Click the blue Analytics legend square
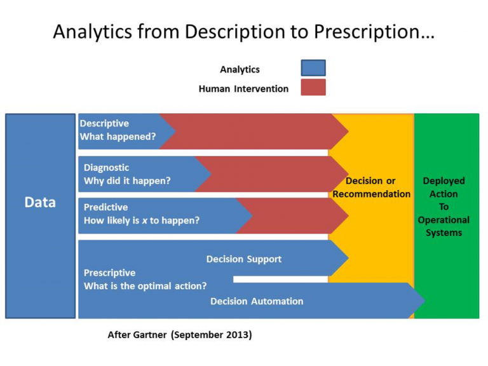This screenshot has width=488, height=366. (313, 69)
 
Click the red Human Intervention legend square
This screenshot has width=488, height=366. (313, 88)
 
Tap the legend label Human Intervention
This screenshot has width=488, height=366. (243, 89)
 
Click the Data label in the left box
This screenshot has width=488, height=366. (40, 202)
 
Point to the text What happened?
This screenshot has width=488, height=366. (118, 137)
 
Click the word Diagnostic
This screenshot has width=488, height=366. (106, 168)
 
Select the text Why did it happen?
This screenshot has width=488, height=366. (127, 180)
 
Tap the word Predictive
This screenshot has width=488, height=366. (105, 207)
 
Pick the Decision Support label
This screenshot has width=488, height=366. (244, 259)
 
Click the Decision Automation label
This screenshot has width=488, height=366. (257, 301)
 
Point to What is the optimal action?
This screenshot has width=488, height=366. (145, 286)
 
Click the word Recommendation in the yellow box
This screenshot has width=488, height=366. (372, 194)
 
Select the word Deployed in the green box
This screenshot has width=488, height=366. (444, 181)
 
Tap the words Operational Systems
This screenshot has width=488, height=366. (444, 226)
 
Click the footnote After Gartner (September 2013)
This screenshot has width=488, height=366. (180, 335)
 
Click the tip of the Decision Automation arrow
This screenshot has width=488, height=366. (424, 301)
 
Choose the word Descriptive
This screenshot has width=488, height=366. (104, 123)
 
